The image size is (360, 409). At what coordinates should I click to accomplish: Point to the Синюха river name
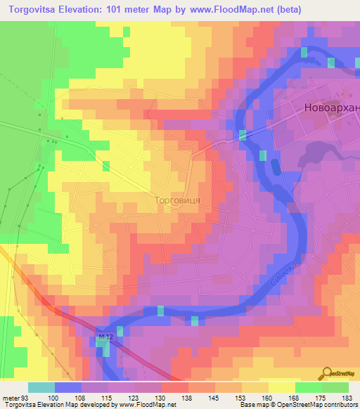coord(281,273)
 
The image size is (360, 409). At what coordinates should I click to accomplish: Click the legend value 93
coord(25,398)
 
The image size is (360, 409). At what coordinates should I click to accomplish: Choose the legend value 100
coord(52,398)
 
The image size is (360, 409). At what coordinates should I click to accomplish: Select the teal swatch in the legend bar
coord(41,387)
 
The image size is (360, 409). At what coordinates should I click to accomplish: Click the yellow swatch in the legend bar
coord(282,387)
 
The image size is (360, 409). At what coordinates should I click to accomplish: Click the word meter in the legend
coord(11,398)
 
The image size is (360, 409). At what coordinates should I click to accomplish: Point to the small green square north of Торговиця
coord(105,166)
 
